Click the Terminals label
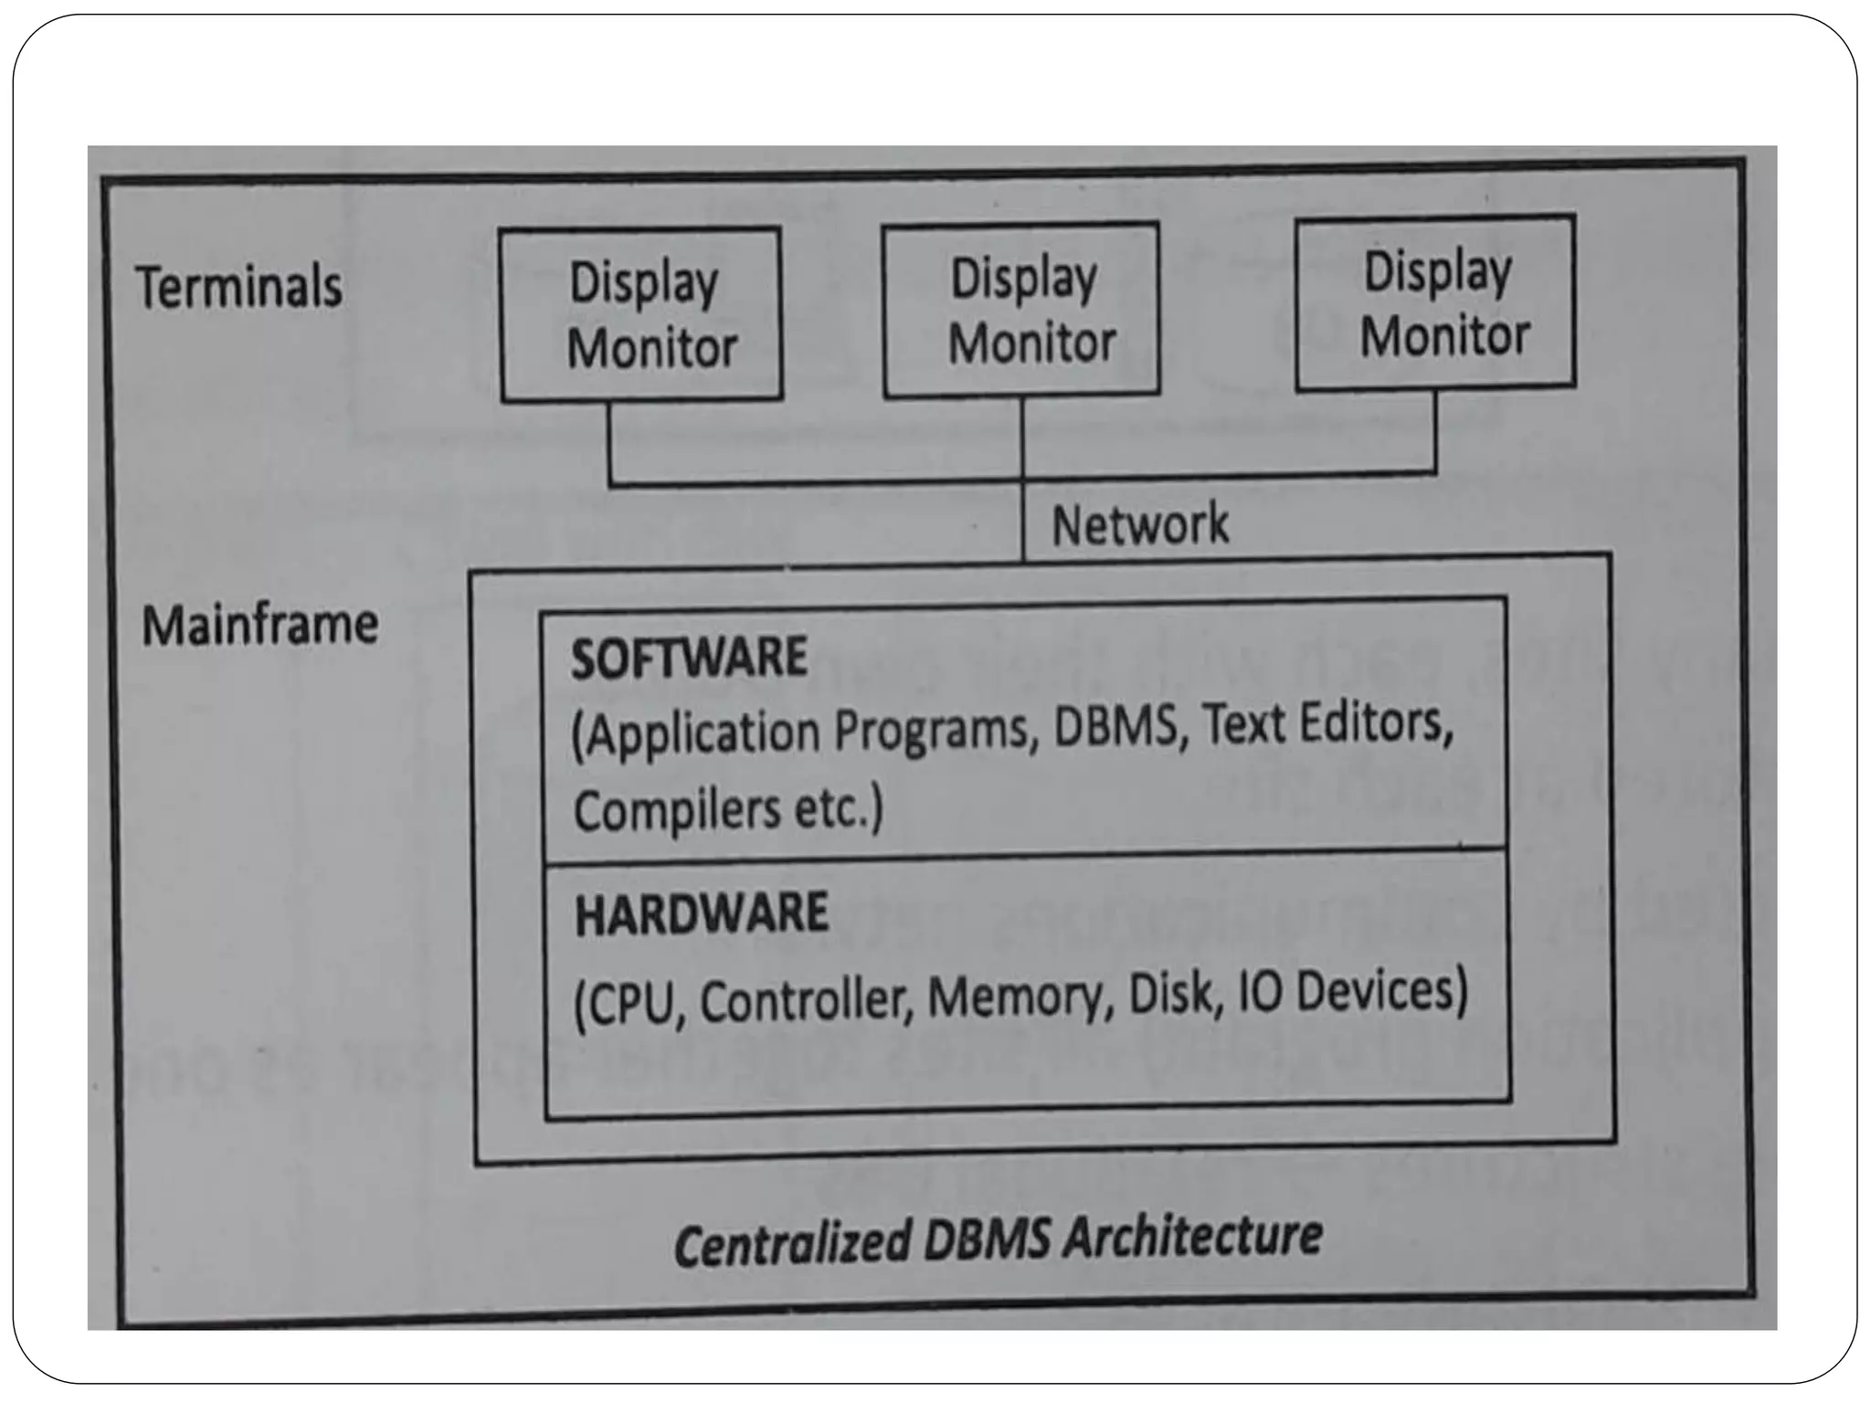tap(239, 287)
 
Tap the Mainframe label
tap(259, 626)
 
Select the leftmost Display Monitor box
tap(641, 314)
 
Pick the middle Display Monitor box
tap(1021, 310)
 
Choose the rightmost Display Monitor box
tap(1435, 303)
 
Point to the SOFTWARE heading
tap(689, 657)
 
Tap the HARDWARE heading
tap(702, 913)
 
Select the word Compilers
tap(677, 810)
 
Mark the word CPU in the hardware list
tap(630, 1004)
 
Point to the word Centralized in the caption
tap(792, 1244)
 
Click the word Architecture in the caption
tap(1192, 1237)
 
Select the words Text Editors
tap(1327, 723)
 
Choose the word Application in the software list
tap(698, 734)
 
